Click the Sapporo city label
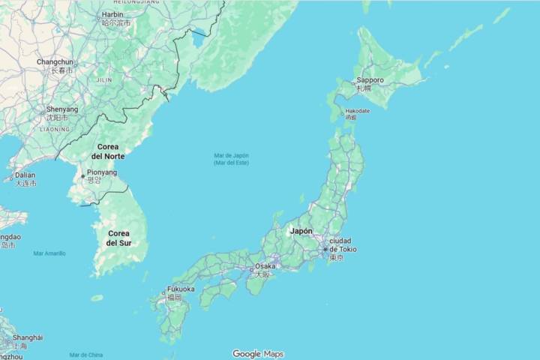pyautogui.click(x=370, y=80)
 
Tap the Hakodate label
pyautogui.click(x=357, y=111)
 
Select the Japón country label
pyautogui.click(x=301, y=231)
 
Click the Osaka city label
pyautogui.click(x=265, y=266)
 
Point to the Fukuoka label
pyautogui.click(x=181, y=289)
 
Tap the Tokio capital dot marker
pyautogui.click(x=325, y=249)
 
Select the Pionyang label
pyautogui.click(x=101, y=172)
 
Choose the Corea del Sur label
pyautogui.click(x=118, y=238)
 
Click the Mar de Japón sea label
pyautogui.click(x=231, y=158)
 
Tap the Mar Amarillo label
pyautogui.click(x=49, y=253)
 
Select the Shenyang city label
pyautogui.click(x=61, y=109)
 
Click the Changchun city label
pyautogui.click(x=55, y=62)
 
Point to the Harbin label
pyautogui.click(x=112, y=14)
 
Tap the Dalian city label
pyautogui.click(x=25, y=175)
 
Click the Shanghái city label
pyautogui.click(x=28, y=337)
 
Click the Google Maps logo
pyautogui.click(x=258, y=354)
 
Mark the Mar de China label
pyautogui.click(x=85, y=355)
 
